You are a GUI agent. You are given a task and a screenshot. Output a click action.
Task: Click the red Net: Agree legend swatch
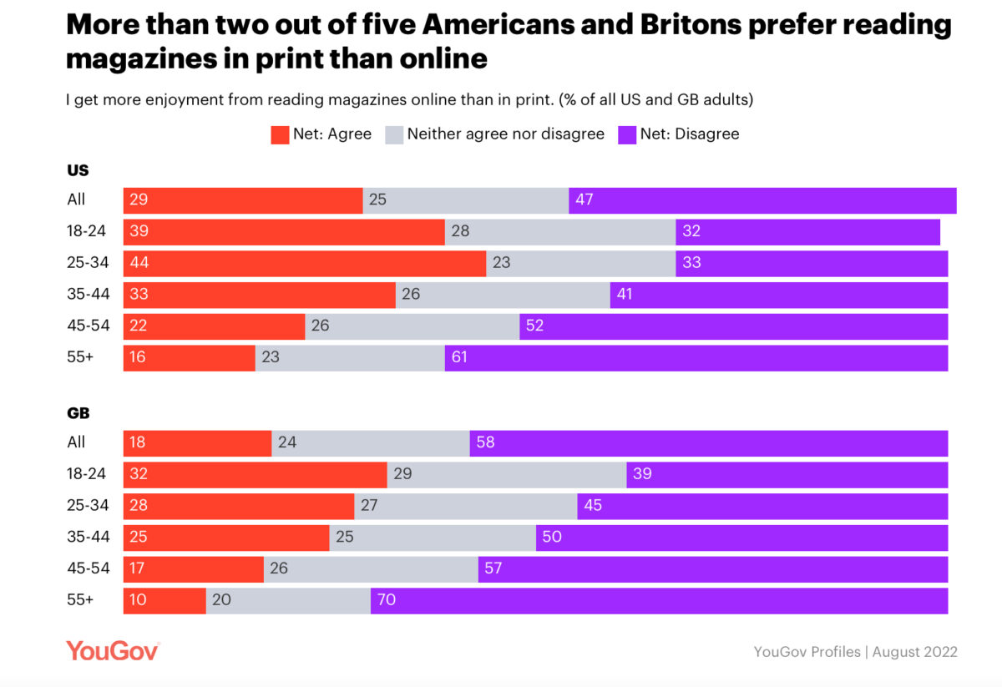coord(280,134)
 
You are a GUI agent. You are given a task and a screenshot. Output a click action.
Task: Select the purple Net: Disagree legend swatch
coord(626,134)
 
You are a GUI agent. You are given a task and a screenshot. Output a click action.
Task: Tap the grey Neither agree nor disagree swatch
coord(393,134)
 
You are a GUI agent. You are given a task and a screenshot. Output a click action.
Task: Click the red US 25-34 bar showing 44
coord(305,263)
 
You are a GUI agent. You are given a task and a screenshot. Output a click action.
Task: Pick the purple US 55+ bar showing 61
coord(696,358)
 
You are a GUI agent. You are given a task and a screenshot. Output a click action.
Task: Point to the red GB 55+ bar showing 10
coord(164,601)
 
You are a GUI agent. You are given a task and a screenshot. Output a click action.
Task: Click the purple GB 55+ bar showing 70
coord(660,601)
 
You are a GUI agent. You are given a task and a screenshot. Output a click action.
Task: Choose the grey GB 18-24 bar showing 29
coord(507,474)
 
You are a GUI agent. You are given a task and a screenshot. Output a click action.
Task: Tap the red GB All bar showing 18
coord(198,443)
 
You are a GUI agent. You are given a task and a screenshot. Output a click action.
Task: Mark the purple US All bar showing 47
coord(762,200)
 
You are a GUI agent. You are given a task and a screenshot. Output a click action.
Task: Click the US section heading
coord(78,170)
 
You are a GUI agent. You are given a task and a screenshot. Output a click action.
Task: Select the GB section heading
coord(78,413)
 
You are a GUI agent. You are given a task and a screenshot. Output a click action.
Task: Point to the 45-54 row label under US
coord(88,326)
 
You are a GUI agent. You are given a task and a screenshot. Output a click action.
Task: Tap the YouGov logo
coord(113,651)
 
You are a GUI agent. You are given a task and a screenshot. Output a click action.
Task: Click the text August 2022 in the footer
coord(915,652)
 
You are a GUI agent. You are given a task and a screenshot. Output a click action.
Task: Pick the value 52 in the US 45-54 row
coord(534,326)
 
